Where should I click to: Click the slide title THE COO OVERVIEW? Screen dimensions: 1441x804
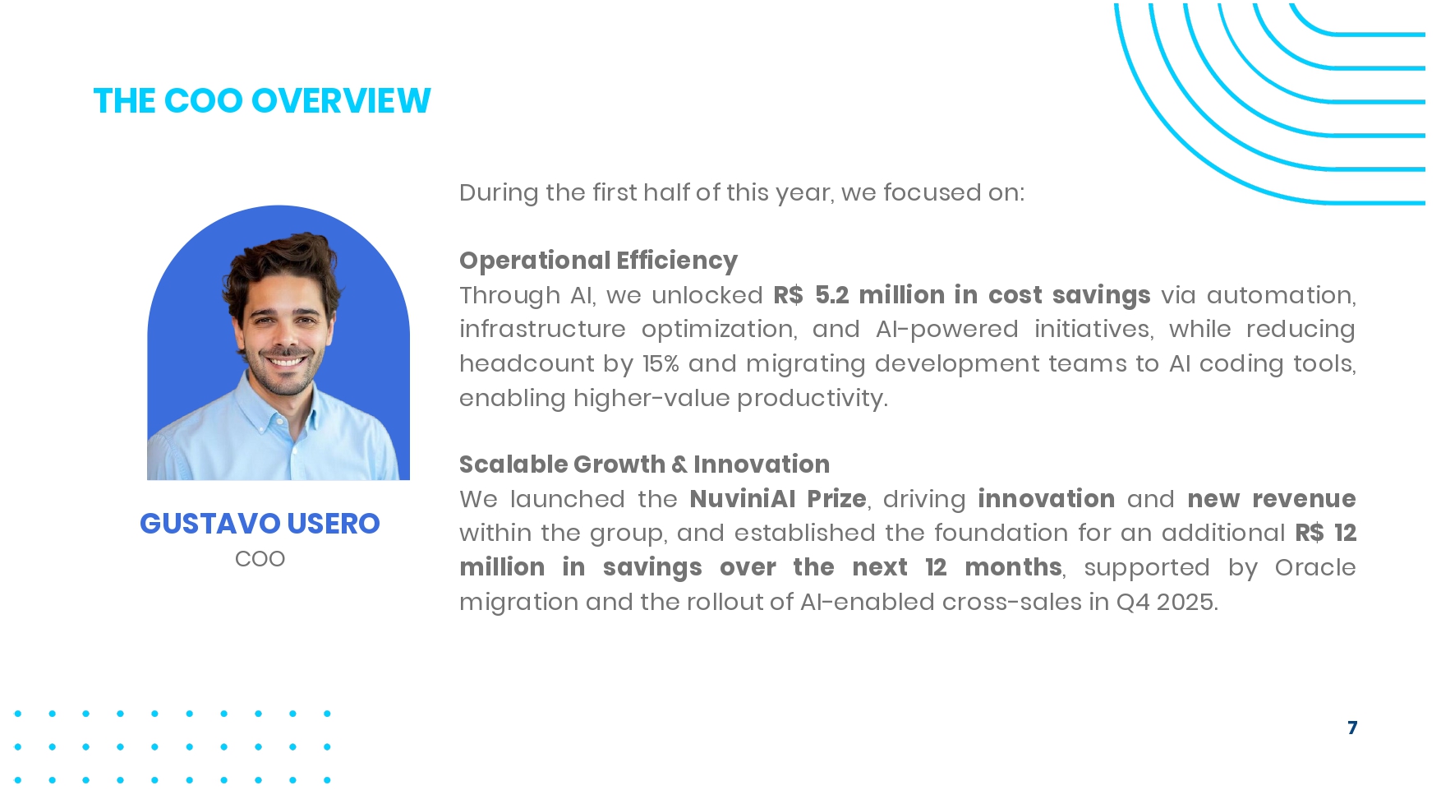point(262,101)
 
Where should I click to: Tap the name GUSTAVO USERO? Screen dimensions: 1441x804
point(260,524)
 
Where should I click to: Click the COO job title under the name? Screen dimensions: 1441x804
point(260,559)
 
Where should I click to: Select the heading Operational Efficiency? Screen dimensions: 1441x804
point(598,261)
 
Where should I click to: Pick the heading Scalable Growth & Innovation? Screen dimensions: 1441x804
point(644,464)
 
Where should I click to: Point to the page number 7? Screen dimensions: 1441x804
point(1352,728)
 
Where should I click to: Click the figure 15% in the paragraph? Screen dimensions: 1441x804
point(661,363)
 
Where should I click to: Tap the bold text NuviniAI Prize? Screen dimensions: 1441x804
point(778,499)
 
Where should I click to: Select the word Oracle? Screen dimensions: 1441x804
point(1315,567)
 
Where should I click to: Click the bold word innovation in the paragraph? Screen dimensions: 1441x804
point(1046,499)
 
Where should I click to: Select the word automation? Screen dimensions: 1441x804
point(1282,295)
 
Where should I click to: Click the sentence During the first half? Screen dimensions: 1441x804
point(742,192)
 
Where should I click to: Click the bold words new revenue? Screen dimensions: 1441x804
point(1272,499)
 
